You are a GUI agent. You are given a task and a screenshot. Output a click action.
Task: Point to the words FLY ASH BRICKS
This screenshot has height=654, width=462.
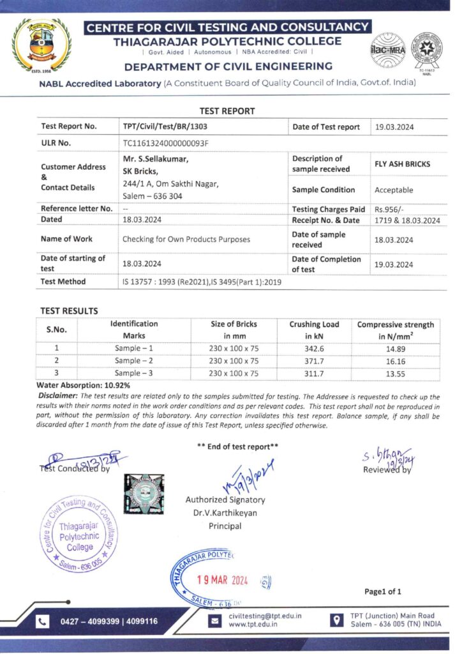pos(402,164)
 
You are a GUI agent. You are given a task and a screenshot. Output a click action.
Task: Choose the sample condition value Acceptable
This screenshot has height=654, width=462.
pos(394,190)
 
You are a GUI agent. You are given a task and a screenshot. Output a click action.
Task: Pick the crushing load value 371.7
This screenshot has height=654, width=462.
pos(313,361)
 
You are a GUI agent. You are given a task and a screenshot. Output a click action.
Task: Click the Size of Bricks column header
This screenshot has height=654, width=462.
pos(234,330)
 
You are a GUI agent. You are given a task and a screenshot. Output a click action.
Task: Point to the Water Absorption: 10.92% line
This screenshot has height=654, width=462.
pos(84,386)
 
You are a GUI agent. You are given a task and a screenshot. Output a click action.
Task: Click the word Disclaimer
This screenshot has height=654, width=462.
pos(59,397)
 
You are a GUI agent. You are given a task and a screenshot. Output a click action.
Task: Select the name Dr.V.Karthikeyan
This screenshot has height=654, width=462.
pos(225,513)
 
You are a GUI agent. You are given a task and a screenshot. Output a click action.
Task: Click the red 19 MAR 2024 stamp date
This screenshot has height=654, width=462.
pos(221,581)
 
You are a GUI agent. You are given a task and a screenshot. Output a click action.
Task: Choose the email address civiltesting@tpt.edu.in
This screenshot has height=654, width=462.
pos(265,616)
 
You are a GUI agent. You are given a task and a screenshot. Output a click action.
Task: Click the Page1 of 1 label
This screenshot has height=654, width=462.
pos(383,591)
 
